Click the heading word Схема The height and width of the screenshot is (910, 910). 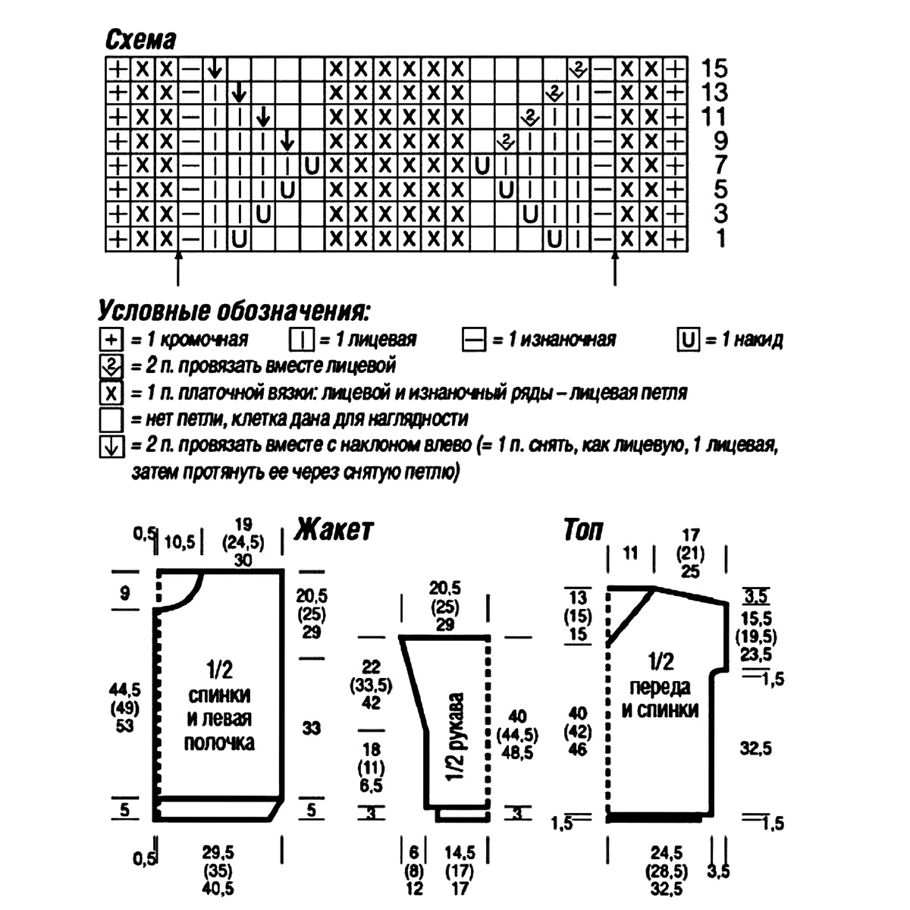[x=140, y=39]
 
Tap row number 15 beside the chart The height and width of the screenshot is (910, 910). [x=714, y=68]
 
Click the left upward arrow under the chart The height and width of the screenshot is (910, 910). [x=178, y=268]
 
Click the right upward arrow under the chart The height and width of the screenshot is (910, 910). [x=615, y=268]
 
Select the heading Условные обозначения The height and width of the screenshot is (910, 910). [x=235, y=311]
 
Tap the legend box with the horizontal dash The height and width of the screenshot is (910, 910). [x=473, y=340]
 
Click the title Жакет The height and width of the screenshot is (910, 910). [x=334, y=529]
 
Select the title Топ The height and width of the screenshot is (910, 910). [x=582, y=529]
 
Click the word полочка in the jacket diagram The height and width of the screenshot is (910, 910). [x=220, y=742]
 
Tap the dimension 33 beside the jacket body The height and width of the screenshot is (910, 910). [x=312, y=728]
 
